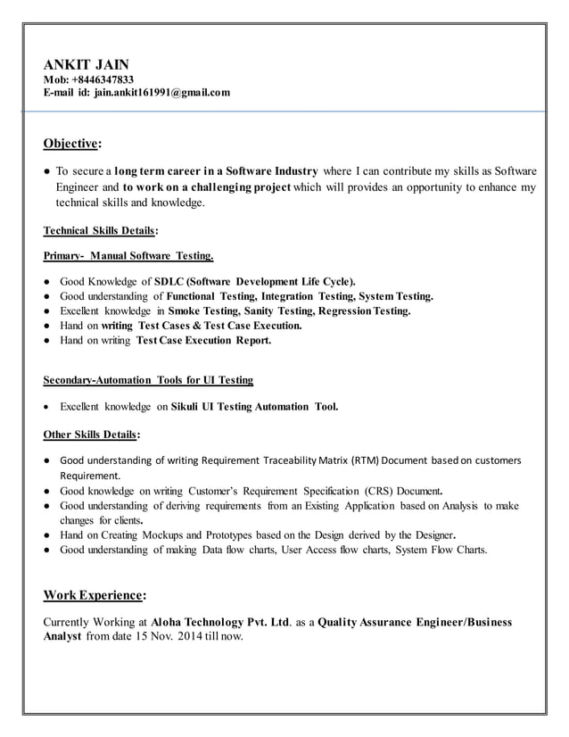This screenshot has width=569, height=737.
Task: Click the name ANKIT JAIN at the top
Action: [87, 64]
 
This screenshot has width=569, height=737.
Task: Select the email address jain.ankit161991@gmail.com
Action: [162, 93]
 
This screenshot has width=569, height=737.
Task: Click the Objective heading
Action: [72, 144]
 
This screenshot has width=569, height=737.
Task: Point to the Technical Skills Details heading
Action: [101, 231]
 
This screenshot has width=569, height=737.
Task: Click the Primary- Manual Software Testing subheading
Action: [128, 257]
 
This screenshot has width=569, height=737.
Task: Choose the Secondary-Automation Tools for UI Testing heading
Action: [148, 380]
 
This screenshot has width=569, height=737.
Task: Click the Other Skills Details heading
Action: [91, 435]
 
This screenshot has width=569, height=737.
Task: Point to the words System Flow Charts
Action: [441, 550]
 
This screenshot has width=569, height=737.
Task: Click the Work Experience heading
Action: [95, 594]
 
